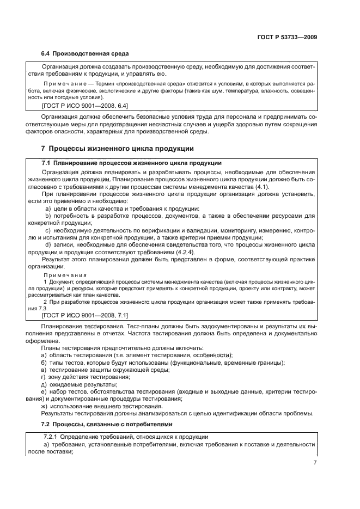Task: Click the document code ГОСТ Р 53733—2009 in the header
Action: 287,38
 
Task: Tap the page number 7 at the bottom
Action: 315,462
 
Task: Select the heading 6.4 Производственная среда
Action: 85,54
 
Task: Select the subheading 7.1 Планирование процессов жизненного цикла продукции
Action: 131,163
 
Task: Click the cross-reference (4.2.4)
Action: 183,252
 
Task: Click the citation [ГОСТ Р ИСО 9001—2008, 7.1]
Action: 85,316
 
